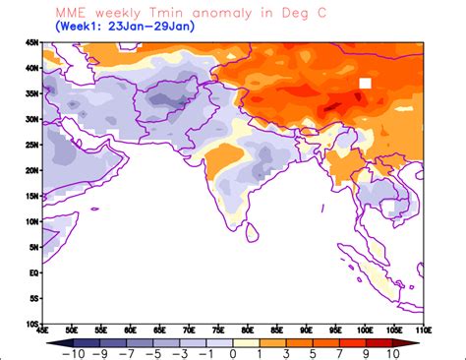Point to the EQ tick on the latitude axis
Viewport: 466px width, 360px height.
pos(32,272)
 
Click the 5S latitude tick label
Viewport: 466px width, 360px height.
pos(32,298)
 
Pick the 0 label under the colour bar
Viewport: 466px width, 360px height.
pos(233,352)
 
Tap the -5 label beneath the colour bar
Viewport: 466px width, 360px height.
pos(151,352)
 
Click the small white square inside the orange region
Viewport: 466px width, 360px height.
pos(365,85)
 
